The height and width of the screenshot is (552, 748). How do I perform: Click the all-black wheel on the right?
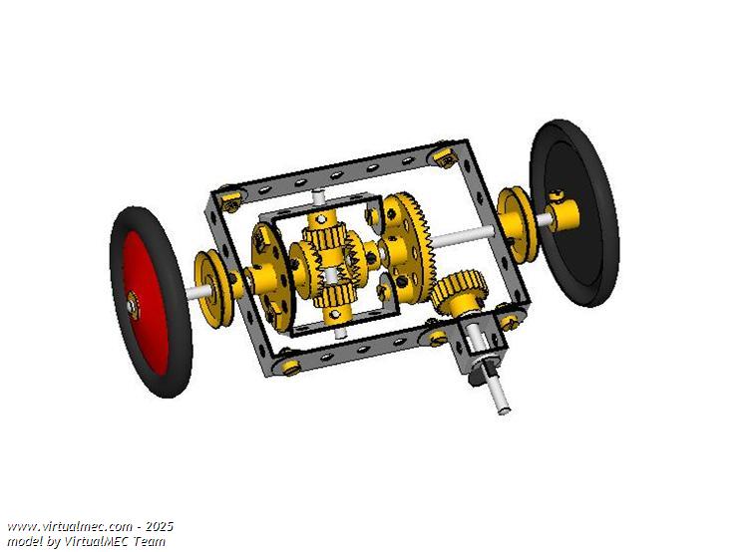[x=573, y=212]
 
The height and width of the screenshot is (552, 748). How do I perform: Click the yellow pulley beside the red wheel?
[x=213, y=291]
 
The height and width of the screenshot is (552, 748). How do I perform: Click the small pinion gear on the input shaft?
[x=460, y=291]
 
